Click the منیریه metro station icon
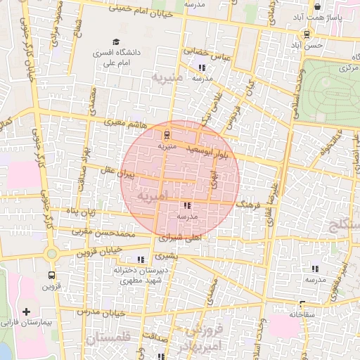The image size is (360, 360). [x=167, y=135]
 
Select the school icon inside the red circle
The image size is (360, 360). [x=187, y=206]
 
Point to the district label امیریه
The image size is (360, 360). [x=153, y=198]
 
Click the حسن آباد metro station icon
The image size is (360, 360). [x=307, y=34]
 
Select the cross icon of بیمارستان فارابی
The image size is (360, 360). [x=27, y=311]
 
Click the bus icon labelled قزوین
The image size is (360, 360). [x=51, y=275]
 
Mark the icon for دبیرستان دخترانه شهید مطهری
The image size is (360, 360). [x=141, y=259]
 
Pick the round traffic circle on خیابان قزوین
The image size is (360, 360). [x=51, y=253]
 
